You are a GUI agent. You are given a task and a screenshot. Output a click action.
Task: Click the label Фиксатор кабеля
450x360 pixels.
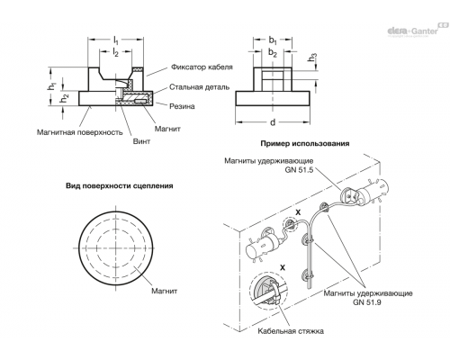pyautogui.click(x=202, y=67)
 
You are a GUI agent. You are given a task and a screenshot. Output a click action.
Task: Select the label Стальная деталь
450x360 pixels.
pyautogui.click(x=199, y=87)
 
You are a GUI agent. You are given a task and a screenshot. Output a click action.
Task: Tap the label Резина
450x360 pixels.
pyautogui.click(x=182, y=106)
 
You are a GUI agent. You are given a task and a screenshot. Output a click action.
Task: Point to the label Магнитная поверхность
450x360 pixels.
pyautogui.click(x=79, y=132)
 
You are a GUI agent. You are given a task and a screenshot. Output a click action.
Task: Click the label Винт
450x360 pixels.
pyautogui.click(x=141, y=141)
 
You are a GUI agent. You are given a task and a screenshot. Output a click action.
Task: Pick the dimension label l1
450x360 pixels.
pyautogui.click(x=116, y=40)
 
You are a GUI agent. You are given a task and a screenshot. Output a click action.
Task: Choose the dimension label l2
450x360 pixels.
pyautogui.click(x=115, y=53)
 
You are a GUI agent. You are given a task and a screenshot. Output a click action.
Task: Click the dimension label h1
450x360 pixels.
pyautogui.click(x=51, y=86)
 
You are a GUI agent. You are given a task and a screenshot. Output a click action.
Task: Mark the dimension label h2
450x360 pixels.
pyautogui.click(x=64, y=98)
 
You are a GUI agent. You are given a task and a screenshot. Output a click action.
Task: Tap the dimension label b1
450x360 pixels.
pyautogui.click(x=273, y=40)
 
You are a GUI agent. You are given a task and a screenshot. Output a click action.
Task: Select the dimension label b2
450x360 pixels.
pyautogui.click(x=273, y=53)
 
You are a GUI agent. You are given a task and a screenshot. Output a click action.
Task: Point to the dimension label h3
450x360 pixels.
pyautogui.click(x=312, y=57)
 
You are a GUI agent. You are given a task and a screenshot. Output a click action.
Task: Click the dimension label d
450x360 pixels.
pyautogui.click(x=273, y=122)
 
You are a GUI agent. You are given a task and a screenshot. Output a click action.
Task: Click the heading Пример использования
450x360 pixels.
pyautogui.click(x=305, y=143)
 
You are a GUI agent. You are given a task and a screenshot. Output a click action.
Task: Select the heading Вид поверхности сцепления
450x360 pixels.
pyautogui.click(x=120, y=185)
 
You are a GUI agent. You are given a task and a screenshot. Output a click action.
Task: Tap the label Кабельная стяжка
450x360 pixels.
pyautogui.click(x=291, y=331)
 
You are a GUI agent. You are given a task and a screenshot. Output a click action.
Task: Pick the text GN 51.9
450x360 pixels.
pyautogui.click(x=367, y=302)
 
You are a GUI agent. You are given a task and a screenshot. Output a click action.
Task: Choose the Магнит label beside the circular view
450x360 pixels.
pyautogui.click(x=164, y=291)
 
